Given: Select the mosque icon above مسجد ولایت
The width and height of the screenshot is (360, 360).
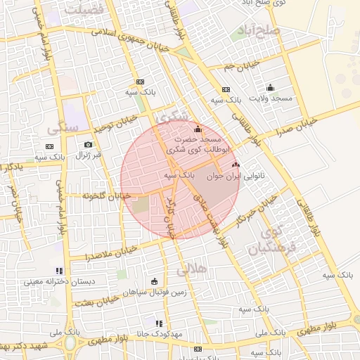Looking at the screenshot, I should pos(271,88).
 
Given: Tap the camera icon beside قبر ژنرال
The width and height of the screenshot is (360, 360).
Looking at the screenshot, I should pos(89,145).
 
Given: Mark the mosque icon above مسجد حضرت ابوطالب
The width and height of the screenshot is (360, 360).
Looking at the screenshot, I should pos(198,129).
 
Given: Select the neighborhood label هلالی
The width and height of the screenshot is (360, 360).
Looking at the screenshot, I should pos(188,269).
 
